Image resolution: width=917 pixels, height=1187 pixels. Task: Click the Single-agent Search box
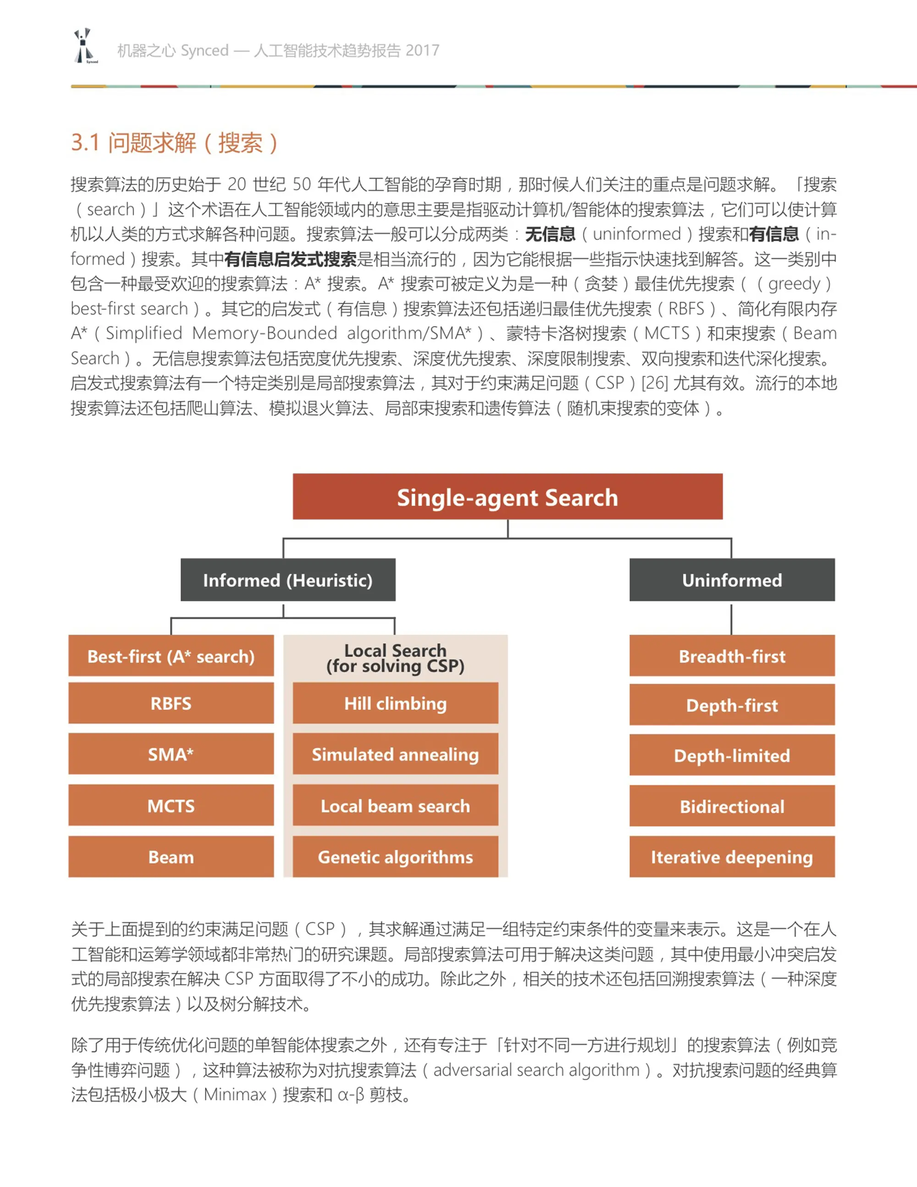tap(507, 497)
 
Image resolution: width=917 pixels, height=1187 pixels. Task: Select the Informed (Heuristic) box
tap(287, 580)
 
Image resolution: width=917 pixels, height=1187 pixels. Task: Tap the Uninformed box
tap(732, 580)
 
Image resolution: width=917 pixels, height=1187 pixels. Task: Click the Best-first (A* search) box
tap(171, 656)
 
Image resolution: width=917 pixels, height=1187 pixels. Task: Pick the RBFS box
tap(171, 703)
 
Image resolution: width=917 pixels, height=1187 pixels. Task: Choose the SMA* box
tap(171, 754)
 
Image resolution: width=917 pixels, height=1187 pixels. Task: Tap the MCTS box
tap(171, 806)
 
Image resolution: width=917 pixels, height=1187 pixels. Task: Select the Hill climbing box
tap(395, 703)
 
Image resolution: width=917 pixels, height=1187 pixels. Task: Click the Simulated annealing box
tap(395, 754)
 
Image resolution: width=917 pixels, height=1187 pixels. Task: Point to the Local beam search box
tap(395, 806)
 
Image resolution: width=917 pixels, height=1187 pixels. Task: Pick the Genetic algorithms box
tap(395, 856)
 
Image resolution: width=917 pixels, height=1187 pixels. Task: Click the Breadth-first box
tap(732, 656)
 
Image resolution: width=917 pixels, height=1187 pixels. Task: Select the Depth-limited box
tap(732, 755)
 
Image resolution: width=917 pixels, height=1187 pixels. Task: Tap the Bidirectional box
tap(732, 806)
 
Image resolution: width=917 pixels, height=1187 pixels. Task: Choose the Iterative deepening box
tap(732, 856)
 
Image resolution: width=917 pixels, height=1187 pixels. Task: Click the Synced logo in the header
tap(84, 46)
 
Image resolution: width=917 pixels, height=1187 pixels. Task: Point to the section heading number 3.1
tap(85, 143)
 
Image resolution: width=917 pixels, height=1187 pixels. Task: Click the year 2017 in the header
tap(422, 50)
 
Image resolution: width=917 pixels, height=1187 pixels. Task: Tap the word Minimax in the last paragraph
tap(235, 1094)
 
